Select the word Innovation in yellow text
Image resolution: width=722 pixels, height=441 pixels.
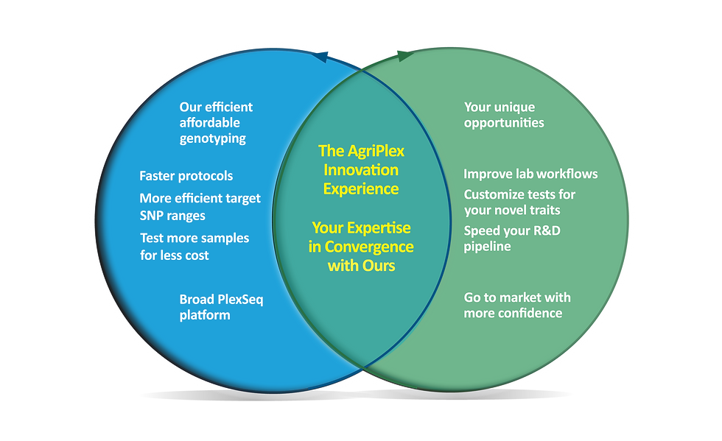click(x=361, y=170)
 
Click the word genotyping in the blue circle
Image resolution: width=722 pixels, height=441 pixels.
click(x=212, y=138)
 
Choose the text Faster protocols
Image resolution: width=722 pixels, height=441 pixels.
click(x=186, y=176)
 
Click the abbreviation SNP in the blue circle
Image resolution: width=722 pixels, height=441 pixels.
click(x=152, y=216)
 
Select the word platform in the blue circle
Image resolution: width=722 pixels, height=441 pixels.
click(x=205, y=315)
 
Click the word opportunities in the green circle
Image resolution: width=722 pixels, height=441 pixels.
click(x=504, y=122)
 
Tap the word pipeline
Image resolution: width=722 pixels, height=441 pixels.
click(x=487, y=247)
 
